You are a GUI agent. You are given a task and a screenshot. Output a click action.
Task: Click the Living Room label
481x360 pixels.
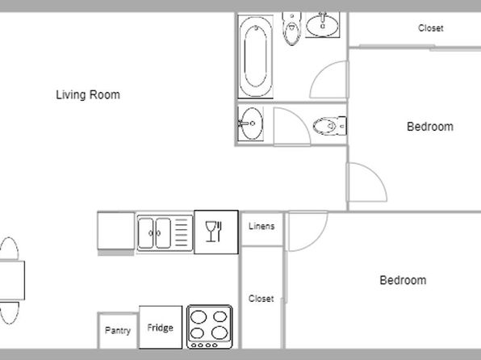tap(88, 94)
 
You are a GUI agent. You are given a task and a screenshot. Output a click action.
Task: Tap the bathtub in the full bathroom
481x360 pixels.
tap(255, 57)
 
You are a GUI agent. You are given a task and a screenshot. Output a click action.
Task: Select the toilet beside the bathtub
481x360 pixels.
tap(291, 28)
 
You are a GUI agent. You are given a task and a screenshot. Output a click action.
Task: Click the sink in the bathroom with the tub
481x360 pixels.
tap(322, 25)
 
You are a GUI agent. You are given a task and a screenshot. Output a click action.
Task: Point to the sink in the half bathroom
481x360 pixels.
tap(251, 123)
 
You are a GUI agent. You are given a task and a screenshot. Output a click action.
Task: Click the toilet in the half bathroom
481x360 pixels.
tap(330, 126)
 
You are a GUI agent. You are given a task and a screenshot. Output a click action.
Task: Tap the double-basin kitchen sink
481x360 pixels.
tap(165, 233)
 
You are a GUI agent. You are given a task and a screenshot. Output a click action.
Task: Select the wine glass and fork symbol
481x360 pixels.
tap(214, 232)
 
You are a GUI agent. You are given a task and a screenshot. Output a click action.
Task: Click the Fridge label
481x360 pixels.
tap(160, 328)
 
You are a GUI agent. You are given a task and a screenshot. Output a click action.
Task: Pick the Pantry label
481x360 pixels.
tap(118, 330)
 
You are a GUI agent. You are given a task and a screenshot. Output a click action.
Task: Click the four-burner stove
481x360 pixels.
tap(210, 327)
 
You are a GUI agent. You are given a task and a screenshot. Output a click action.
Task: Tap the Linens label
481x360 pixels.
tap(261, 227)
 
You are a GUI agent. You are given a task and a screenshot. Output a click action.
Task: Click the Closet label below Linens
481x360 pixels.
tap(261, 299)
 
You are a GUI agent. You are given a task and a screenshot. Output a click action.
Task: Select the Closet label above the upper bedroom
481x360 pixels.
tap(431, 28)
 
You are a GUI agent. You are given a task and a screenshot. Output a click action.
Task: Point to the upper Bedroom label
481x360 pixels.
tap(430, 127)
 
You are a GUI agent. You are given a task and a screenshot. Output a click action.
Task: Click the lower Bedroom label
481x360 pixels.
tap(403, 280)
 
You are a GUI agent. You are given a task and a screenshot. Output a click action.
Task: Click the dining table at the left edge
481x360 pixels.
tap(12, 280)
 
